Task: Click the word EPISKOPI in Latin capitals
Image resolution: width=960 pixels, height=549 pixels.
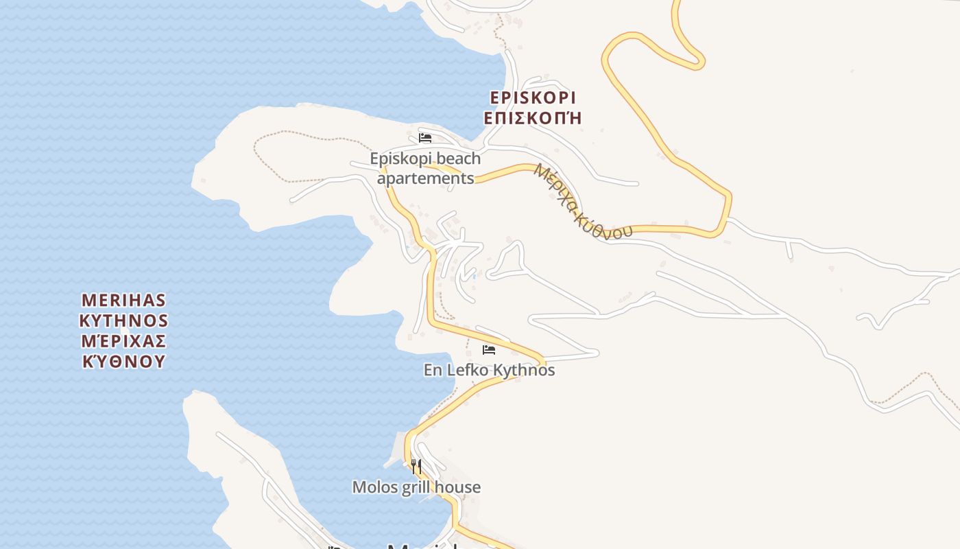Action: click(x=533, y=97)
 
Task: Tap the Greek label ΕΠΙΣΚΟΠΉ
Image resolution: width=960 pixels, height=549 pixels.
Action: click(x=533, y=118)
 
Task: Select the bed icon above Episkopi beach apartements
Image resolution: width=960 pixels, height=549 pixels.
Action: click(x=425, y=138)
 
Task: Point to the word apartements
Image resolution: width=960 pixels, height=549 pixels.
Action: click(x=425, y=178)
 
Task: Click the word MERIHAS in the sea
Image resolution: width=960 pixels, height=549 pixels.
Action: click(x=123, y=301)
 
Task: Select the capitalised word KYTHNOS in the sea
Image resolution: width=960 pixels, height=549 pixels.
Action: click(x=123, y=320)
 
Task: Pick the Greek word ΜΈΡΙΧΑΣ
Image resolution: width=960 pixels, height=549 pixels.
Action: click(x=123, y=341)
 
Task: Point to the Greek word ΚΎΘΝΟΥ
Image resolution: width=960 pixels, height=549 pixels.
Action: click(x=123, y=362)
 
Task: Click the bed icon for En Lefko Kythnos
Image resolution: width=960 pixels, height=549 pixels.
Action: click(x=489, y=350)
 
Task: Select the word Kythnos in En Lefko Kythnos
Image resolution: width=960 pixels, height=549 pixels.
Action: click(x=524, y=370)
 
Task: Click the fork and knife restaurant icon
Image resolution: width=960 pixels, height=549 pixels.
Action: click(x=416, y=467)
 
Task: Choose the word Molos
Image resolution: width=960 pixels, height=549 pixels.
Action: click(x=374, y=487)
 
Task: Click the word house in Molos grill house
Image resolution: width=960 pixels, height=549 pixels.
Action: click(x=460, y=487)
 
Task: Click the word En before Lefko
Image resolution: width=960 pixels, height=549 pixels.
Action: click(x=433, y=370)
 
